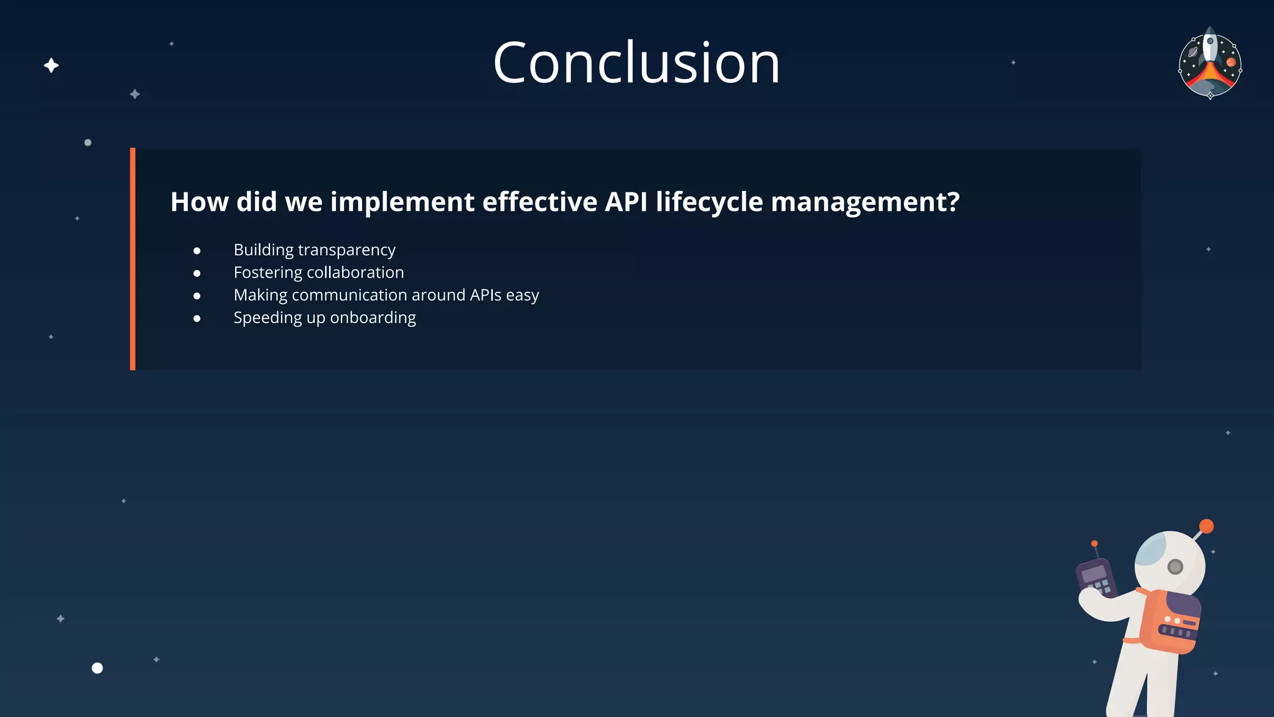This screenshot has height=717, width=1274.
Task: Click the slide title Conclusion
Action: pos(636,63)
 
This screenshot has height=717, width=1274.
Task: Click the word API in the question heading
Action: pos(626,202)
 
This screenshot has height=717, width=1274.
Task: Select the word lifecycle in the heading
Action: pos(709,202)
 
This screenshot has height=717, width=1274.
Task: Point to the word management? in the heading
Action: pos(865,202)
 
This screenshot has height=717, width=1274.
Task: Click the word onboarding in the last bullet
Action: pos(373,318)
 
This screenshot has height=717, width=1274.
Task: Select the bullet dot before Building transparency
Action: pos(197,251)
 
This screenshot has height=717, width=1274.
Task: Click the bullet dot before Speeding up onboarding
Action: pos(197,319)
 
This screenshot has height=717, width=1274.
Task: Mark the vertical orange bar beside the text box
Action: pos(133,259)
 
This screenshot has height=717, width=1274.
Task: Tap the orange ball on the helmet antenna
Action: pos(1206,527)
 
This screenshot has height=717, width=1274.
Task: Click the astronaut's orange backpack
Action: pos(1169,621)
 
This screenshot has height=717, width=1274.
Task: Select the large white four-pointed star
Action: pos(52,65)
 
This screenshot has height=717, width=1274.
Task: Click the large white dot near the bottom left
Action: pos(97,668)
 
